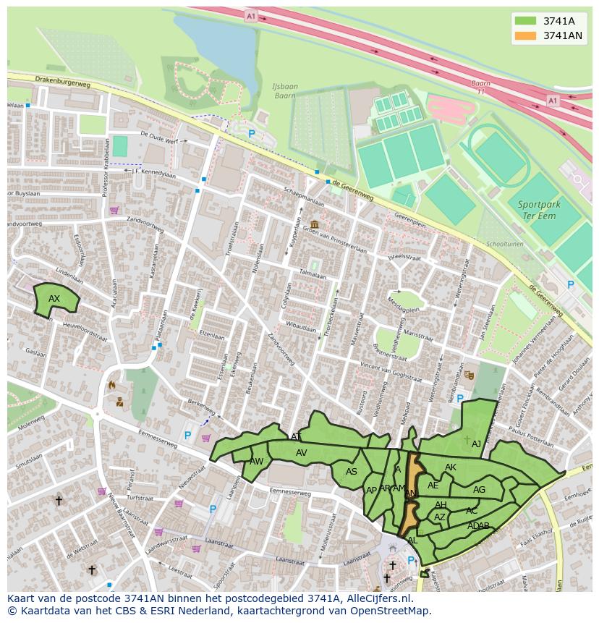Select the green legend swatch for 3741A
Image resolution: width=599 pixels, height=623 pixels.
(526, 21)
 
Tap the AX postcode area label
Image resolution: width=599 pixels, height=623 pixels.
(54, 299)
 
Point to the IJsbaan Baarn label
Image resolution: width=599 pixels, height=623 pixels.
(285, 90)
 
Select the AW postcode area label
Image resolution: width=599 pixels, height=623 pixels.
(256, 462)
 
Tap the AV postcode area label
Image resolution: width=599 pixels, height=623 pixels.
(302, 453)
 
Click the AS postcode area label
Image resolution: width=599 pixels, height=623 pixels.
(352, 472)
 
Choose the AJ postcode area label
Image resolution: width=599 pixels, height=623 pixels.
(476, 444)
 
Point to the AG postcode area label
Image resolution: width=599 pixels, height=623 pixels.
(479, 490)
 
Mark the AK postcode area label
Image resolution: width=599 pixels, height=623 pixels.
(451, 468)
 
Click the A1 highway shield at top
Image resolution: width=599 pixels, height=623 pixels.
(250, 15)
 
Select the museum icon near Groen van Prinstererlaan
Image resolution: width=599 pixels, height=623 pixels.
(314, 224)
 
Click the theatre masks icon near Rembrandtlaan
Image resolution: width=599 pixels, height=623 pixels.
(470, 375)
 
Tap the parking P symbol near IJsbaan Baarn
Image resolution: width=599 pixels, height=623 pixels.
(252, 134)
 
